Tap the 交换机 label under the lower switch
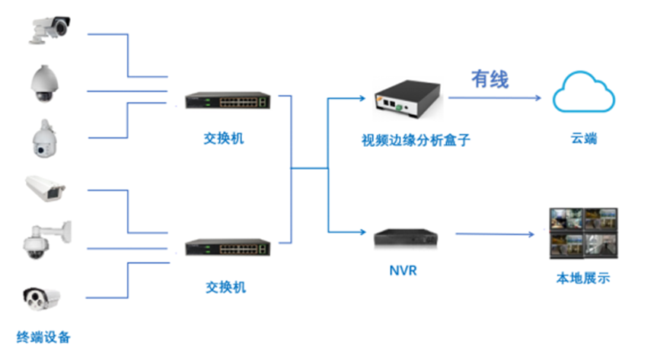tap(226, 288)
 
